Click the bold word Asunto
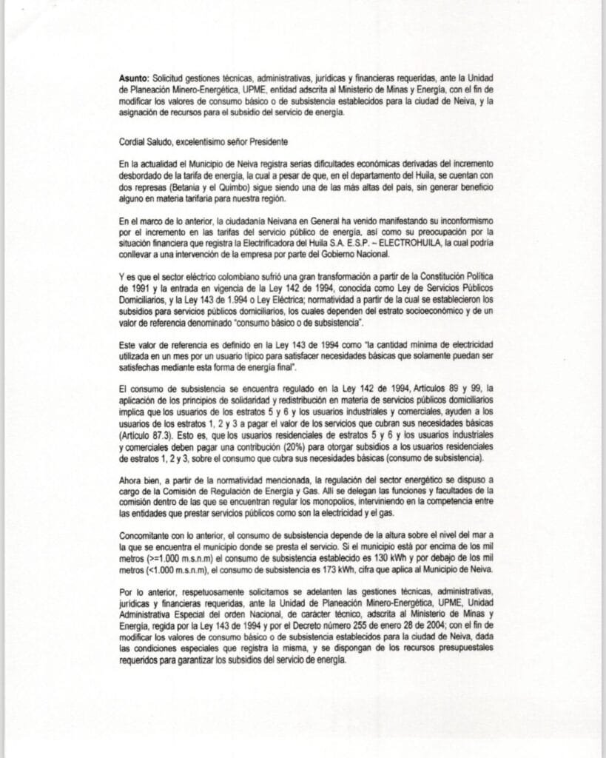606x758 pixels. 134,78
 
